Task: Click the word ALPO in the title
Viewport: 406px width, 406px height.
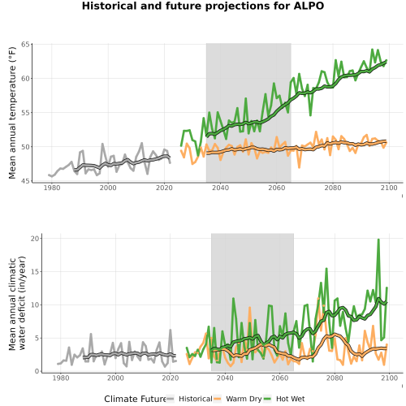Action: coord(309,6)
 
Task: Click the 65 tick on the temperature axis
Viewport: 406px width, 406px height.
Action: coord(25,45)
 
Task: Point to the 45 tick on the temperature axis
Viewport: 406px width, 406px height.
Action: coord(25,181)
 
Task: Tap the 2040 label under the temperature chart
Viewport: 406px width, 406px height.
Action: coord(220,188)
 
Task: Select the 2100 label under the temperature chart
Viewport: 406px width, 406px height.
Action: coord(389,188)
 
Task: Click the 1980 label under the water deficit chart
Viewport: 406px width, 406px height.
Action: coord(61,378)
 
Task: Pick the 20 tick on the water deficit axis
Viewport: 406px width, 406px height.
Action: coord(35,239)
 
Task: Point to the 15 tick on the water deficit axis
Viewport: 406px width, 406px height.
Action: coord(35,272)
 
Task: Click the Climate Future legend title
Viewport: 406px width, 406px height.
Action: coord(135,399)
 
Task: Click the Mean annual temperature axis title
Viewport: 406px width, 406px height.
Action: coord(12,113)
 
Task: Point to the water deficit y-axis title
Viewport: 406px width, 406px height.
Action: coord(17,303)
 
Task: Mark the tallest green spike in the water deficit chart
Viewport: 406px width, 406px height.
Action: coord(378,240)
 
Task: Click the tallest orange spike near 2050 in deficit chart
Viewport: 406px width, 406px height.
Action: coord(249,308)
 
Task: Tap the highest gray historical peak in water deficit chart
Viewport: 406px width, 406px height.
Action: coord(171,330)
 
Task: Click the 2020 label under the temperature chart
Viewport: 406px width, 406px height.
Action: coord(164,188)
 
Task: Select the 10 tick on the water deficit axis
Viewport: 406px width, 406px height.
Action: coord(35,305)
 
